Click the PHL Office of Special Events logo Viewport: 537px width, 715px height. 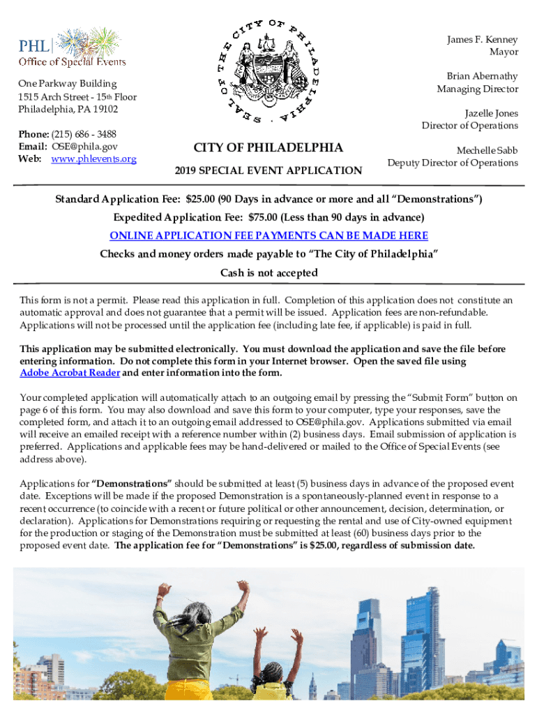[72, 47]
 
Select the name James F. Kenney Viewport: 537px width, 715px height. [483, 40]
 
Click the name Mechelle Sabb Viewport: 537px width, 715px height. [487, 150]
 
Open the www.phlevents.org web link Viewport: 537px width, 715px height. [93, 159]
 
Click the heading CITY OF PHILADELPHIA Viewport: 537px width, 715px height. [268, 147]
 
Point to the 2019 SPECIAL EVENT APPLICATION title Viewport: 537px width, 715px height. [268, 170]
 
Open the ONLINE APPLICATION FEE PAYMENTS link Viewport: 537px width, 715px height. [268, 236]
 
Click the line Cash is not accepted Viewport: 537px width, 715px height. [268, 272]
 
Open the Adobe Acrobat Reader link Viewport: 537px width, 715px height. [70, 373]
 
